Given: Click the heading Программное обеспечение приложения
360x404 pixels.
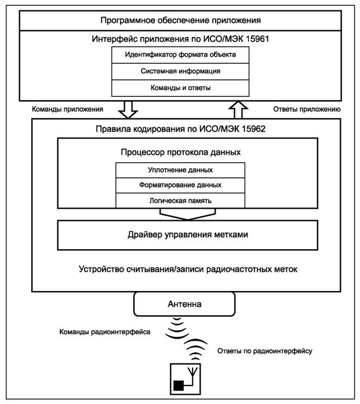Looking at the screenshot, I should pos(180,20).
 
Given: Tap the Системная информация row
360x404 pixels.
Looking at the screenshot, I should pos(180,71).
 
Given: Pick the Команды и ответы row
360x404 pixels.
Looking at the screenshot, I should pos(180,88).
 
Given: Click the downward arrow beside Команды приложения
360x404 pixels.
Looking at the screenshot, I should pos(128,108).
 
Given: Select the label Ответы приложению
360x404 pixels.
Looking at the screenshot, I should pos(306,108).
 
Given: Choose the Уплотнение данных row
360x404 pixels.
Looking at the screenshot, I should pos(180,170).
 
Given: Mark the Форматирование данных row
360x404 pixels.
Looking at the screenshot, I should pos(180,185).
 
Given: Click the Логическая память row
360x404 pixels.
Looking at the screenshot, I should pos(180,200).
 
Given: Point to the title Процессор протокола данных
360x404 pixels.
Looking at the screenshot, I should pos(180,152).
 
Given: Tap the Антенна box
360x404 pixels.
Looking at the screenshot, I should pos(186,303).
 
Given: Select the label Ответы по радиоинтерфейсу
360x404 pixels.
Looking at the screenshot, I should pos(265,351).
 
